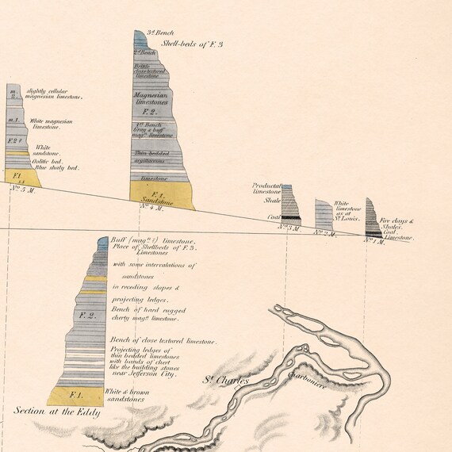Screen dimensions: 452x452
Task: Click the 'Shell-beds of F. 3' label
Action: click(192, 44)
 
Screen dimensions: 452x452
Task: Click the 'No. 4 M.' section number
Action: click(151, 207)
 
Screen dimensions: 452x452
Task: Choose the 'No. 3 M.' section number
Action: click(289, 228)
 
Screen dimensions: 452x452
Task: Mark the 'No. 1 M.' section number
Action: click(373, 242)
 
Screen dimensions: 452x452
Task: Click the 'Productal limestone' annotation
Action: click(266, 189)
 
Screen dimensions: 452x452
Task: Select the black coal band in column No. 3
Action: click(291, 217)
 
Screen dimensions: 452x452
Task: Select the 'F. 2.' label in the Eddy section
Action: click(89, 316)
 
